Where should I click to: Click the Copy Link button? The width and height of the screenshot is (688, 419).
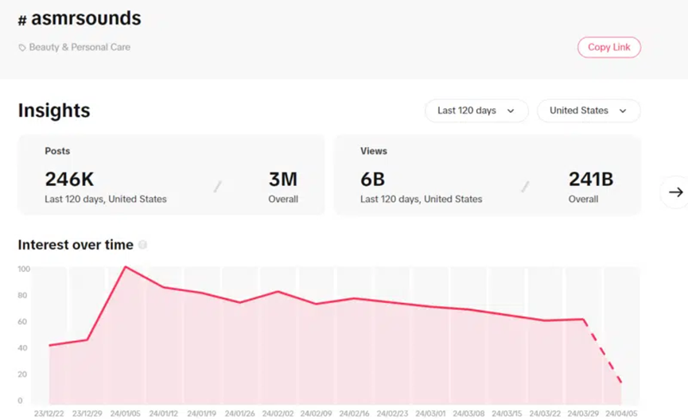[x=608, y=48]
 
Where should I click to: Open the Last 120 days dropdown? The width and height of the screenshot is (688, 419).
[x=476, y=111]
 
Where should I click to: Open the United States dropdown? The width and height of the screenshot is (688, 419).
[x=588, y=111]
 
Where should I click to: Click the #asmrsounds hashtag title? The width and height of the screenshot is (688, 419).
[x=79, y=18]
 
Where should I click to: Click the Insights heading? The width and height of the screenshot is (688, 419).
[x=54, y=111]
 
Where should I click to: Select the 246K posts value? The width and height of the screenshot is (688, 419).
[x=69, y=180]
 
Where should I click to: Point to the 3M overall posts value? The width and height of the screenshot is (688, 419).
[x=282, y=180]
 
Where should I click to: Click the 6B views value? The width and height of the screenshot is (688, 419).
[x=372, y=180]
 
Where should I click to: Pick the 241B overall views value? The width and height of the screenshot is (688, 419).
[x=590, y=180]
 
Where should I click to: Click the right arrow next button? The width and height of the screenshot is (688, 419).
[x=675, y=192]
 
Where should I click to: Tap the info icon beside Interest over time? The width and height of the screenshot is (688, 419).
[x=142, y=246]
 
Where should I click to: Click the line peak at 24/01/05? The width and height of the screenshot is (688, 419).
[x=126, y=267]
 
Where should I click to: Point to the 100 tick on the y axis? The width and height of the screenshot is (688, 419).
[x=24, y=270]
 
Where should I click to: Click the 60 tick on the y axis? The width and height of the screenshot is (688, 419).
[x=24, y=322]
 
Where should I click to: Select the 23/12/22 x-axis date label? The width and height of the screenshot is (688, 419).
[x=50, y=413]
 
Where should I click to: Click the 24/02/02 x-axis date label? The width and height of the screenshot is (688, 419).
[x=278, y=413]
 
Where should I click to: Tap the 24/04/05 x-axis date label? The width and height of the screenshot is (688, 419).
[x=620, y=413]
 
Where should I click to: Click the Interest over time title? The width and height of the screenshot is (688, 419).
[x=76, y=246]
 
